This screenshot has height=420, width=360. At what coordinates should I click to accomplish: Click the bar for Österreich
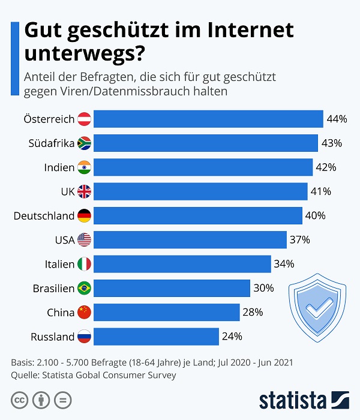tap(208, 119)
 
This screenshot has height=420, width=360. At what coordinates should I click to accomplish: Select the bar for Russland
tap(156, 337)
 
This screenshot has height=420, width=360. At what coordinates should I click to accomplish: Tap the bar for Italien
tap(182, 264)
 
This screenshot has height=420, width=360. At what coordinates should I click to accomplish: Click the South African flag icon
tap(84, 143)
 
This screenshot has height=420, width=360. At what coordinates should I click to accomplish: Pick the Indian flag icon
tap(84, 167)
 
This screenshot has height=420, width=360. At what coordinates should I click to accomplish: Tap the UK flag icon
tap(84, 191)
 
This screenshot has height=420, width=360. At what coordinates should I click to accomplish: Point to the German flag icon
tap(84, 215)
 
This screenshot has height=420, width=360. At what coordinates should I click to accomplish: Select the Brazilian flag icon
tap(84, 288)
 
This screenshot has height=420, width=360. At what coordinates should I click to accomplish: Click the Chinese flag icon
tap(84, 312)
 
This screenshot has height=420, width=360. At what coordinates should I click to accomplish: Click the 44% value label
tap(337, 119)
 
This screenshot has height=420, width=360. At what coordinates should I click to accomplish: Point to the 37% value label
tap(299, 240)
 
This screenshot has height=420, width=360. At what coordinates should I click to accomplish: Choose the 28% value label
tap(253, 312)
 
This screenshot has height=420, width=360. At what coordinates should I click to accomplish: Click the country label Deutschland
tap(44, 215)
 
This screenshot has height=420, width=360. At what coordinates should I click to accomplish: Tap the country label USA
tap(64, 240)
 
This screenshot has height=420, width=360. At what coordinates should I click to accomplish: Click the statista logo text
tap(292, 400)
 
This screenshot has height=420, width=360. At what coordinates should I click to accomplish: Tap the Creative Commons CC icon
tap(20, 400)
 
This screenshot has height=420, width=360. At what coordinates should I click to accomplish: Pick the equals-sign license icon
tap(63, 400)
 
